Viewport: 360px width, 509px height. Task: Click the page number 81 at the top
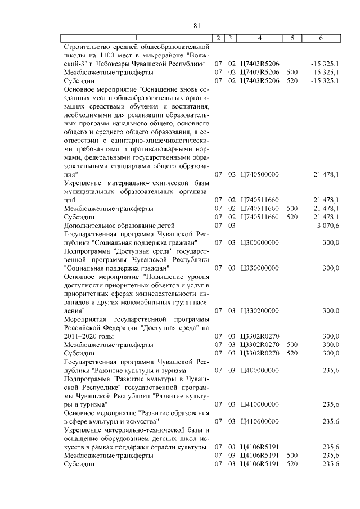click(x=197, y=25)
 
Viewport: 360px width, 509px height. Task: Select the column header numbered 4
click(x=259, y=38)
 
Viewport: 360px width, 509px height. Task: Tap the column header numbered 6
click(x=320, y=38)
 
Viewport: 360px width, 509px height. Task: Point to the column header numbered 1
click(x=138, y=38)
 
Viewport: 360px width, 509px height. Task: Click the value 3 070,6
click(x=326, y=225)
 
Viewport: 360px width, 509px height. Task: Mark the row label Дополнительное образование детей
click(x=115, y=225)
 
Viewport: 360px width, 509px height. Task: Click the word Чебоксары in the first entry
click(x=122, y=64)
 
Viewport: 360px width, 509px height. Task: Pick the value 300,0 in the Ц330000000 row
click(x=330, y=268)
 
